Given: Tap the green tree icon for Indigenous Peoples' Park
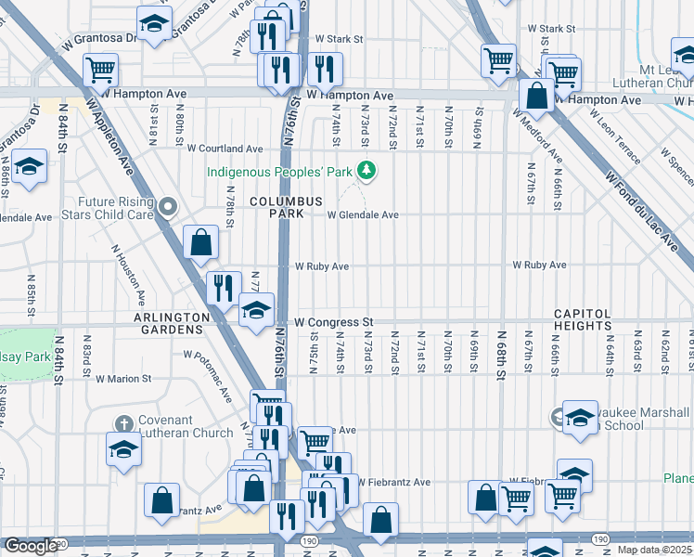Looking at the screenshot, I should coord(367,171).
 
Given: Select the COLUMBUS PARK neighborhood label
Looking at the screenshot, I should coord(285,207).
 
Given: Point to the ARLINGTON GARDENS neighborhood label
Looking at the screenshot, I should coord(172,323).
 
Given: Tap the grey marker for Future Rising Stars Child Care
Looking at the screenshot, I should coord(167,207).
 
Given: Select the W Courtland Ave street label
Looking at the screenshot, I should coord(225,149).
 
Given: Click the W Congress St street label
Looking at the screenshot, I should coord(333,322).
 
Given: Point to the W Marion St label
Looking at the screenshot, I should coord(123,379).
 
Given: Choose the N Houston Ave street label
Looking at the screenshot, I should coord(128,275).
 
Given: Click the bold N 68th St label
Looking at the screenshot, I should coord(501,353).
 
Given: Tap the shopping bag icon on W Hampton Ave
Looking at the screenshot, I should coord(536,95).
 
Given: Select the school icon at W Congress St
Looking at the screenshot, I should coord(256,310).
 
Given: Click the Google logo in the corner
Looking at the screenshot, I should coord(30,546).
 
